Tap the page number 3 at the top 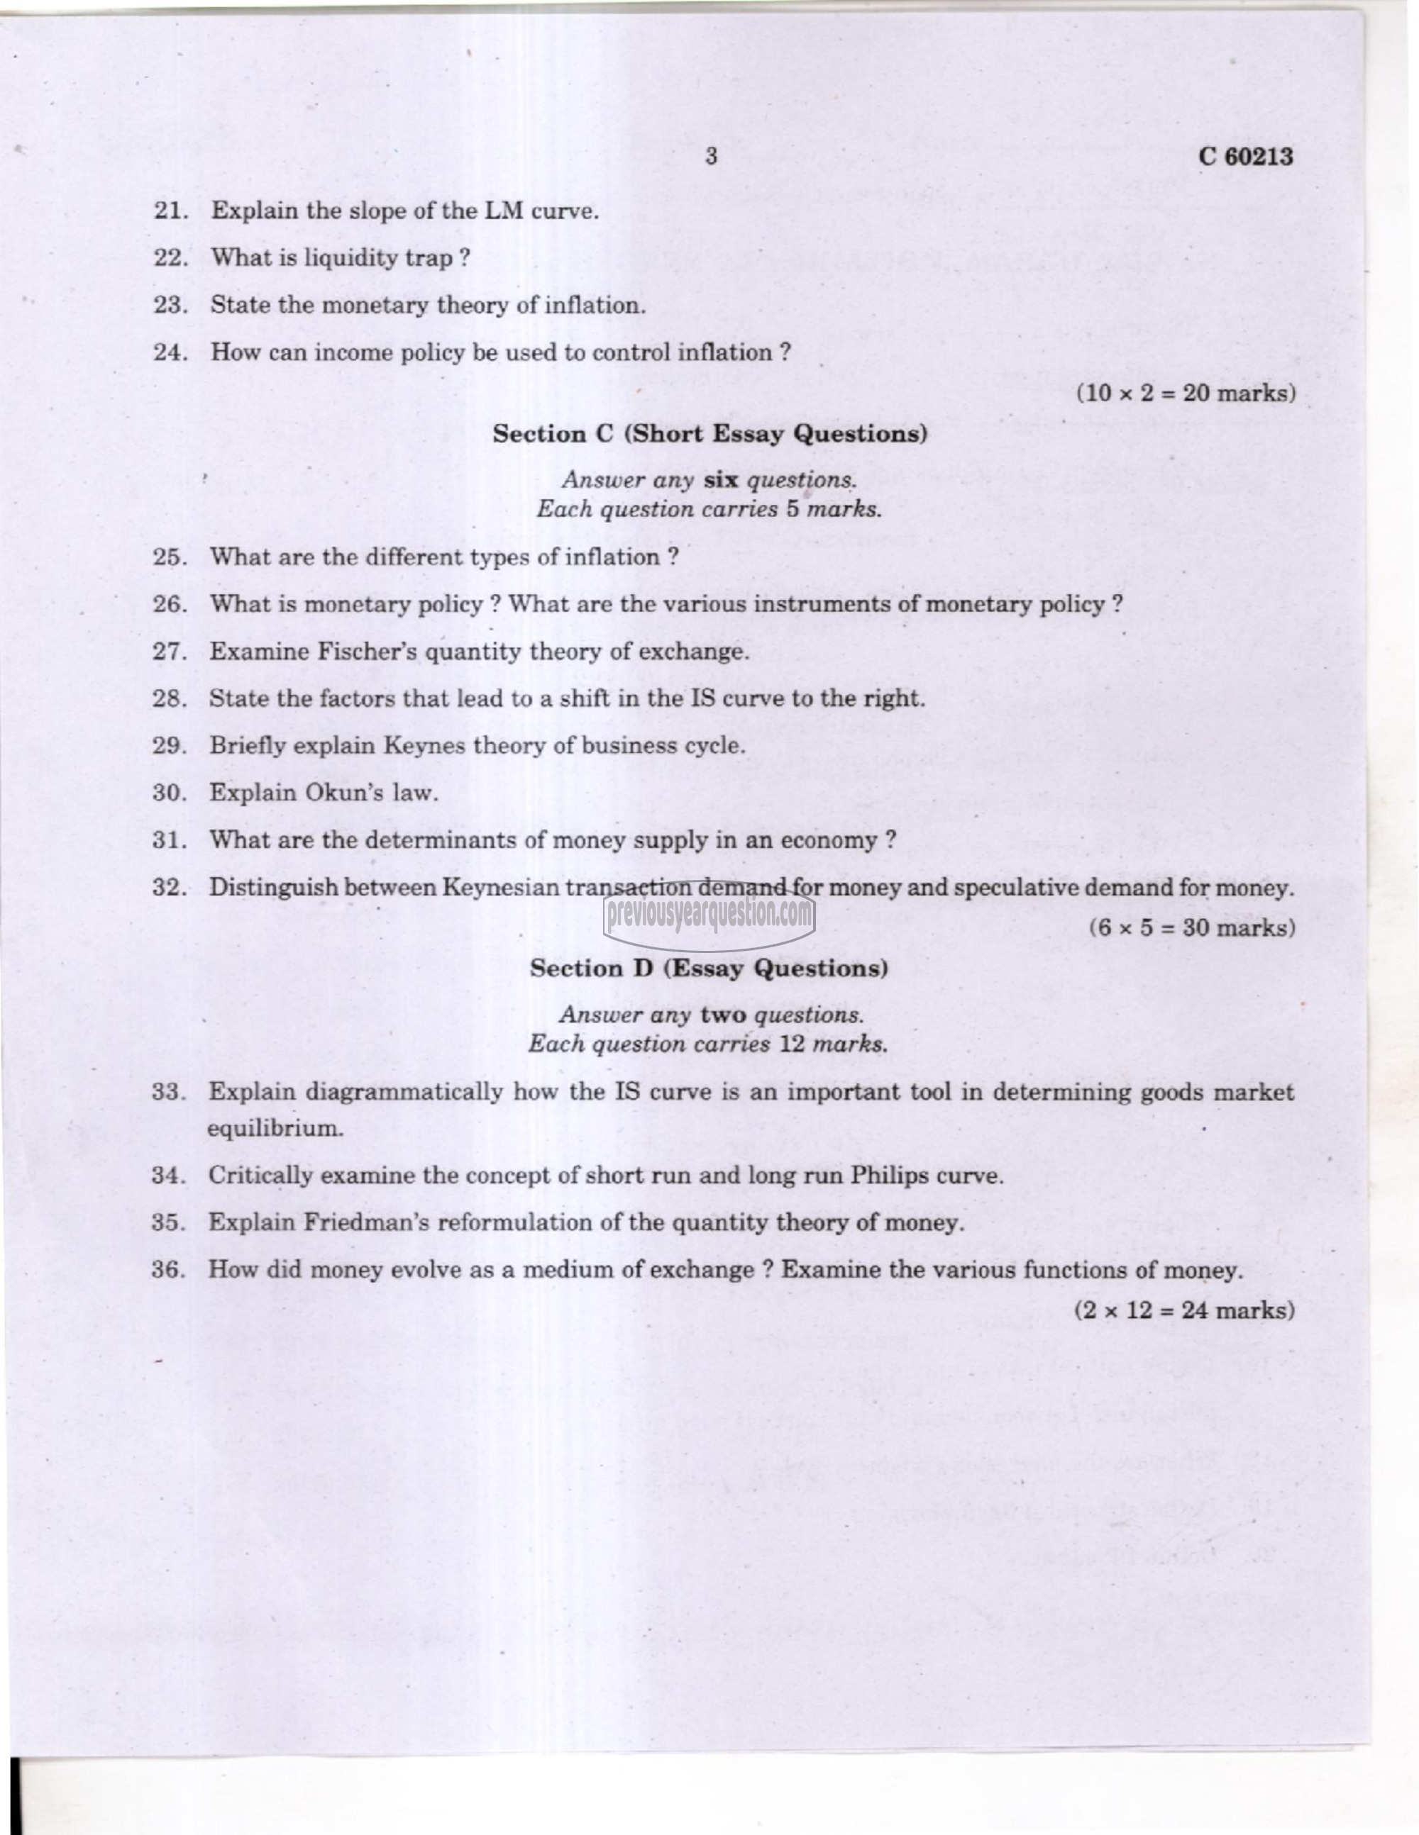coord(711,156)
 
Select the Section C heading coord(709,435)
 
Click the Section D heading coord(709,969)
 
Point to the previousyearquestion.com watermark coord(709,913)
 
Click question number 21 coord(169,210)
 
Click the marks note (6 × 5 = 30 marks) coord(1192,927)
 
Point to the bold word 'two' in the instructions coord(723,1015)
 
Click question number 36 coord(168,1270)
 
